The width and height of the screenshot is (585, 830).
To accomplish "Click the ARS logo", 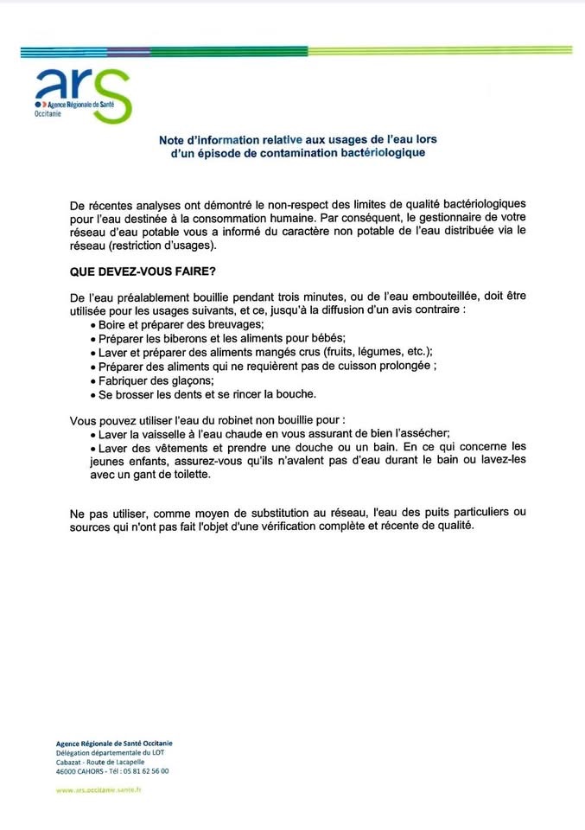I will (82, 94).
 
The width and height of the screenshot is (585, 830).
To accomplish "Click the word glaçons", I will (188, 380).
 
